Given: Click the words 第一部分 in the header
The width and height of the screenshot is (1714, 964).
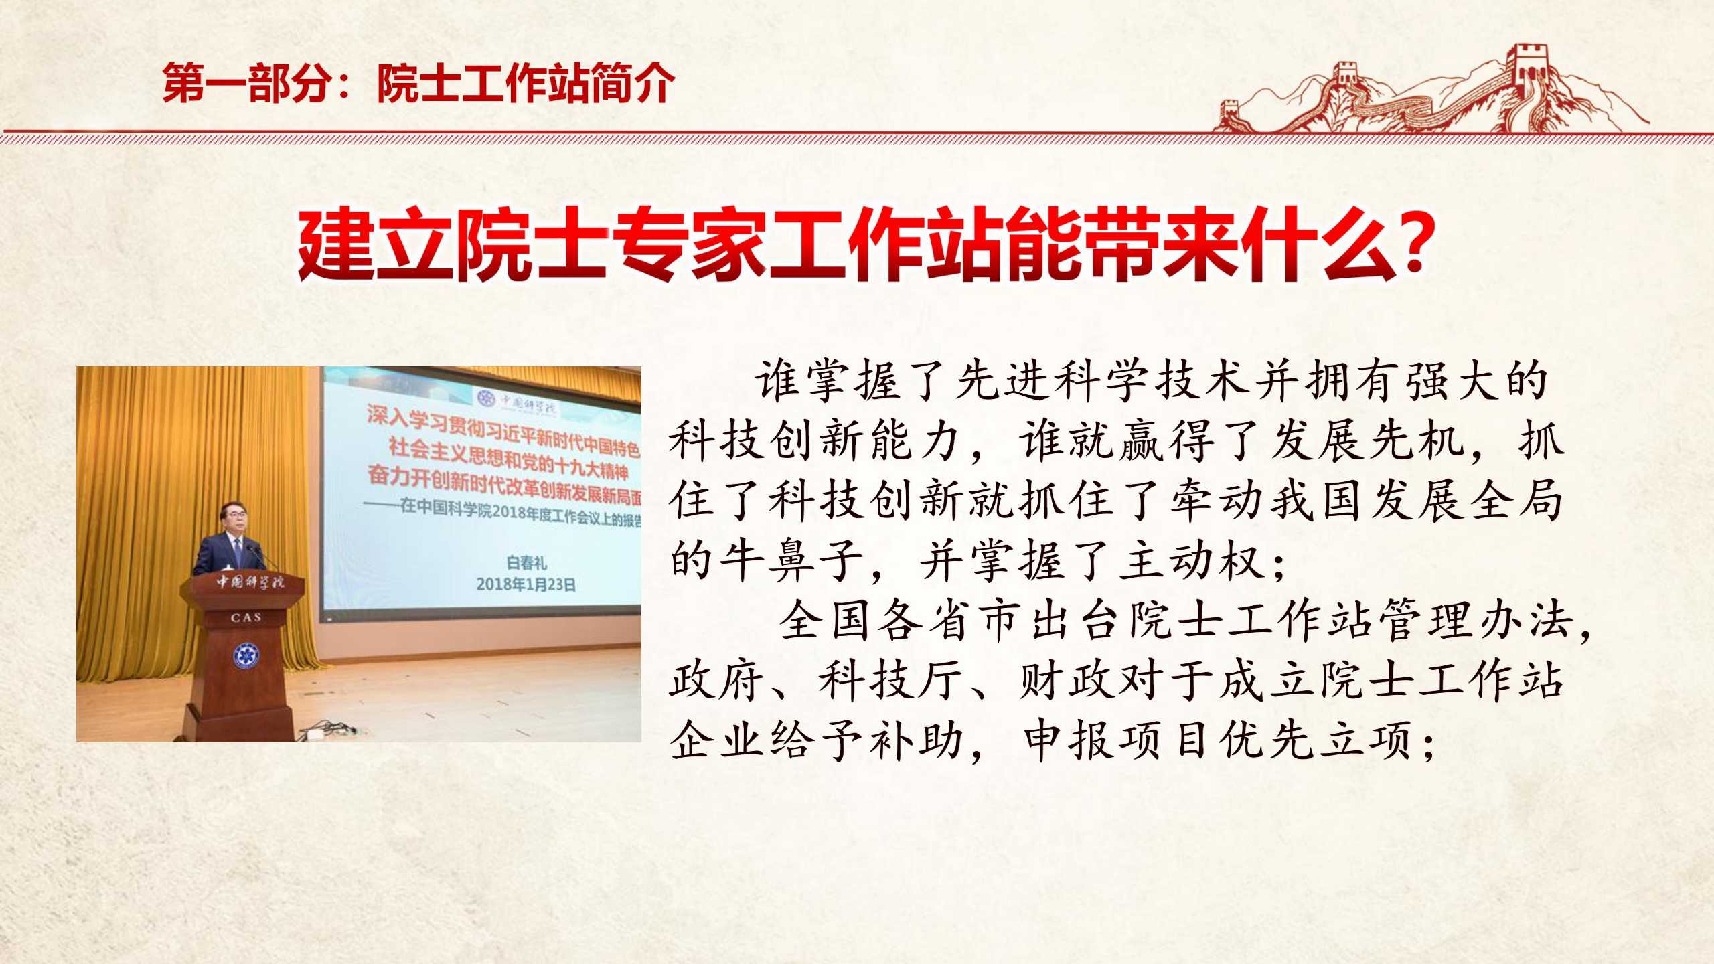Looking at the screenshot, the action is tap(248, 84).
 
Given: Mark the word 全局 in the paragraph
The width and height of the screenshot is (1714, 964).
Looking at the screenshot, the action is tap(1516, 501).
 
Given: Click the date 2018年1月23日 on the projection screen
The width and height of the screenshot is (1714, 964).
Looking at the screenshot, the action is tap(526, 584).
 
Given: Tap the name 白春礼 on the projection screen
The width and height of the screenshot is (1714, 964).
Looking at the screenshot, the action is tap(527, 563).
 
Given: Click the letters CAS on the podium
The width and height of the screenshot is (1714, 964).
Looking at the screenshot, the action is tap(246, 617).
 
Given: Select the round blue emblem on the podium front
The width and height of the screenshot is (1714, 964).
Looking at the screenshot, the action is tap(246, 655).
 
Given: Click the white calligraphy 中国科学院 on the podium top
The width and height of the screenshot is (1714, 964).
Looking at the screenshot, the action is tap(248, 581).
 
